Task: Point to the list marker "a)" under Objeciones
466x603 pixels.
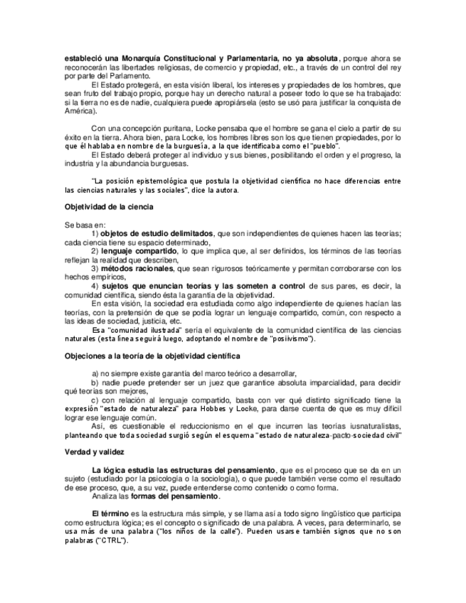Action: click(96, 373)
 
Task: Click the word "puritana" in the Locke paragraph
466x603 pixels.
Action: click(162, 128)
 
